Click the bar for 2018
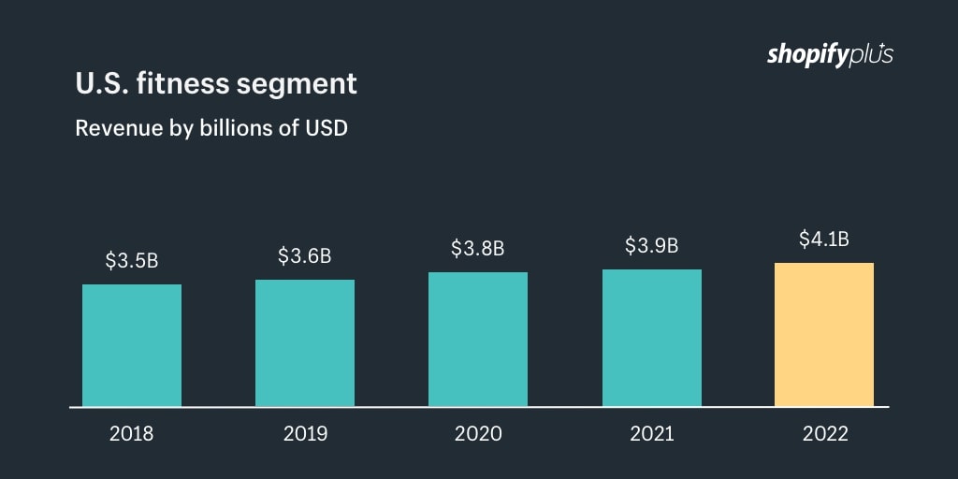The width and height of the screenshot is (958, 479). click(132, 345)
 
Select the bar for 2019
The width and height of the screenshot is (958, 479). click(305, 342)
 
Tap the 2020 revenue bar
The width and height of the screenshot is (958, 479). click(478, 339)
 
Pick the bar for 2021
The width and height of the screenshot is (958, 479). click(652, 338)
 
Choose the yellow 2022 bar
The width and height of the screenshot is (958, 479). click(824, 334)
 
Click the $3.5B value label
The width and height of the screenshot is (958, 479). click(132, 261)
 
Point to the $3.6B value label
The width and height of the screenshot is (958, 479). click(305, 255)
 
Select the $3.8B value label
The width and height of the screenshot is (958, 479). click(478, 249)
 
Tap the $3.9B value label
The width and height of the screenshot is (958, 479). click(652, 246)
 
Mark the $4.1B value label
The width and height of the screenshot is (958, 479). click(824, 239)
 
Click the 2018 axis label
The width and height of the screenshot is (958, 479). click(132, 434)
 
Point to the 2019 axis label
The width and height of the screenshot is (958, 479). click(305, 434)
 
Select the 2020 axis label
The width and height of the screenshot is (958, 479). click(478, 434)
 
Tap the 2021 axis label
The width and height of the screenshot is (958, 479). click(652, 434)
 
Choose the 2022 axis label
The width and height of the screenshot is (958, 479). click(824, 434)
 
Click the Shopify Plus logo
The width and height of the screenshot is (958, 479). click(830, 54)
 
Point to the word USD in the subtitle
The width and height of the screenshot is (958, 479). click(327, 128)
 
